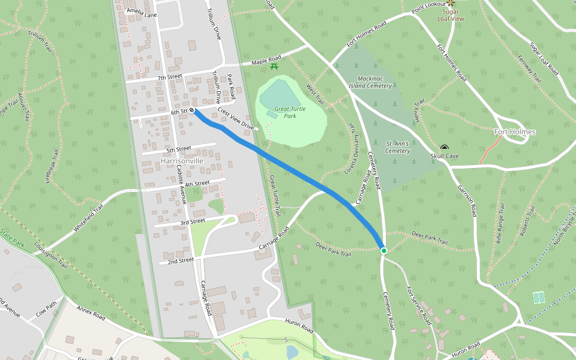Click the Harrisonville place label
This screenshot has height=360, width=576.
click(x=182, y=161)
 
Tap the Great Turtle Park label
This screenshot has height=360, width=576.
click(x=290, y=112)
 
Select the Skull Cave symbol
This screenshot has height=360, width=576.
click(x=445, y=148)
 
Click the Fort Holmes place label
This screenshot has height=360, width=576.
click(x=514, y=132)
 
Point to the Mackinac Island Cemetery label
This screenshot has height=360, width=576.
click(x=374, y=82)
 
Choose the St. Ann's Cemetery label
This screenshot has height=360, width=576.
click(x=398, y=147)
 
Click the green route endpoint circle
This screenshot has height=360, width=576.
click(x=383, y=250)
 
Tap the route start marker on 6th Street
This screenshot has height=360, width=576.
click(x=192, y=110)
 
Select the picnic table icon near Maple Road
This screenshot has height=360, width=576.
click(x=274, y=66)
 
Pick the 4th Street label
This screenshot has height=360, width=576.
click(x=197, y=184)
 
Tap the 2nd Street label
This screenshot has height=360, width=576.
click(x=181, y=260)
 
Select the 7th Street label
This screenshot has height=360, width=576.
click(x=170, y=77)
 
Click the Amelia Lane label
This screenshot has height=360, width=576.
click(x=142, y=14)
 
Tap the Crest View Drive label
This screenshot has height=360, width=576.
click(x=236, y=119)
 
